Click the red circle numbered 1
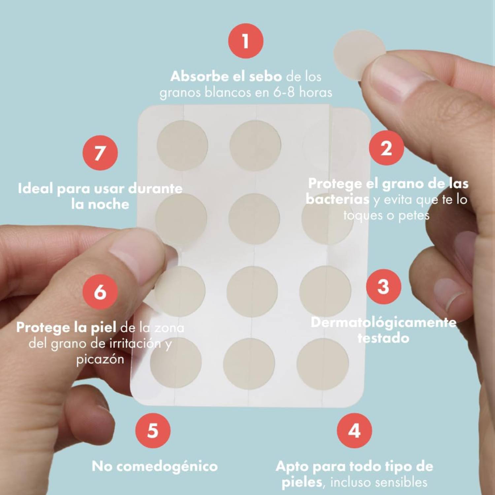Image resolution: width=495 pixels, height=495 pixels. click(x=246, y=41)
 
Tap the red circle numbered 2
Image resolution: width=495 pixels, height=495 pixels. click(x=386, y=148)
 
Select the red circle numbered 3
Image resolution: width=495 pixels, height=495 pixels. click(x=383, y=286)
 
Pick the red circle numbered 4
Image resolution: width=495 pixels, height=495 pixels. click(x=354, y=430)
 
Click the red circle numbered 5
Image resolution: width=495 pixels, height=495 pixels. click(x=153, y=430)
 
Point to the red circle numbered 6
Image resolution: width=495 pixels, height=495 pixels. click(x=100, y=292)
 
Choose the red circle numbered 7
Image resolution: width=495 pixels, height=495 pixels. click(x=100, y=153)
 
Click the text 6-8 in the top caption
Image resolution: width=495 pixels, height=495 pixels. click(x=284, y=92)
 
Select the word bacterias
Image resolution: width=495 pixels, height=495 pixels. click(x=338, y=199)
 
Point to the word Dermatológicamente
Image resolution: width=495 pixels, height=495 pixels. click(x=383, y=322)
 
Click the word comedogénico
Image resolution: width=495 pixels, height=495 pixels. click(x=167, y=467)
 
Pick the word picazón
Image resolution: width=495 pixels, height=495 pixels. click(x=100, y=359)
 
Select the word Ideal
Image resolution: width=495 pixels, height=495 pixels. click(x=35, y=188)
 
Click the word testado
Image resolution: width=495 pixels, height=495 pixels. click(x=383, y=338)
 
